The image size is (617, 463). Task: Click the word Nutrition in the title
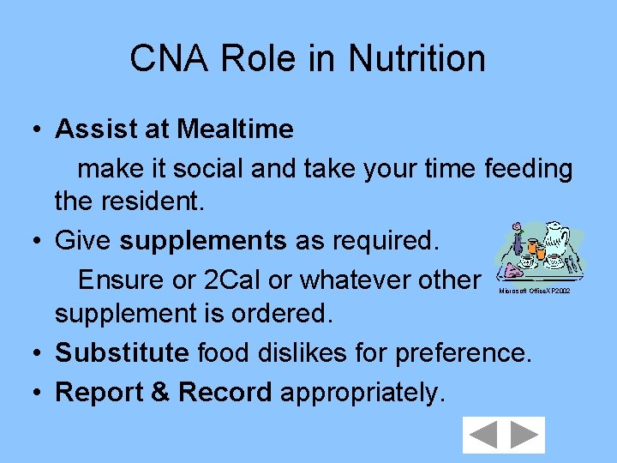coord(416,59)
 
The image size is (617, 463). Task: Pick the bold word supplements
coord(203,242)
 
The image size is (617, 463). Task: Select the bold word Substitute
coord(122,352)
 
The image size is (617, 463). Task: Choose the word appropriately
coord(362,392)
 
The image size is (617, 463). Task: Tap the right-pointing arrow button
coord(524,435)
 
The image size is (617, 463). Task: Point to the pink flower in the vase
coord(517,229)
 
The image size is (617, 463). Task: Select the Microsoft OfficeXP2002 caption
coord(534,292)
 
